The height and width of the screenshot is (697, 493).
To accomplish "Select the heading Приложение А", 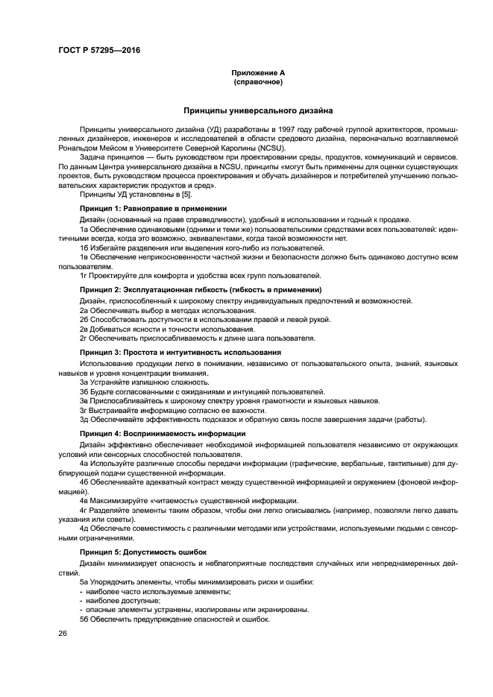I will point(258,72).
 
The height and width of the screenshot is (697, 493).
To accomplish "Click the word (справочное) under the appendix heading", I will point(258,81).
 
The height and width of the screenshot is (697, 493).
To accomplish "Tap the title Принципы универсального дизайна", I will point(258,110).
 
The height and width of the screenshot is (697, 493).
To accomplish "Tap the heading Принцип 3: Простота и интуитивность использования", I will point(180,352).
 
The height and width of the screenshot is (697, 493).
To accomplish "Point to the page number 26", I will point(63,633).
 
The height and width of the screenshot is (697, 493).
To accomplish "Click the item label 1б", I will point(84,247).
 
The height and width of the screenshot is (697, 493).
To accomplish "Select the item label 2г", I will point(84,338).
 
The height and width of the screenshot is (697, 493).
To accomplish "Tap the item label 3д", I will point(84,419).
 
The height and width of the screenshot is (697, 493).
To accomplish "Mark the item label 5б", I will point(84,619).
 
